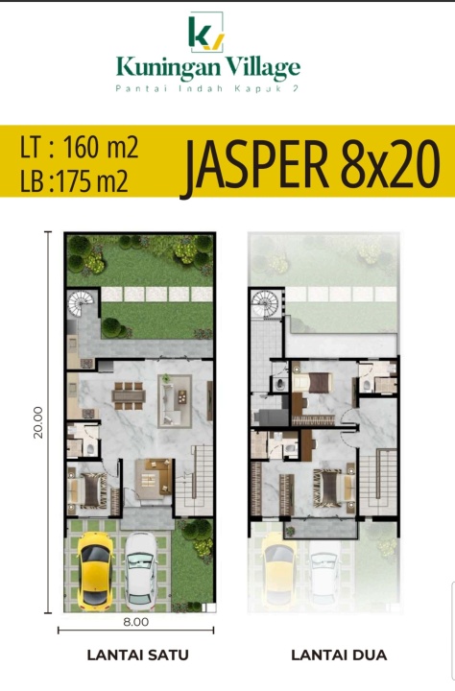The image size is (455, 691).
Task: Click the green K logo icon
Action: [x=205, y=32]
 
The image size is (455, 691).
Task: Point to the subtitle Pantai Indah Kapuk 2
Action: [x=207, y=88]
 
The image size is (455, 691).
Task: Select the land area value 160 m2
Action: [x=101, y=147]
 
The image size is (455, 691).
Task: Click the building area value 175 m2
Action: [x=92, y=180]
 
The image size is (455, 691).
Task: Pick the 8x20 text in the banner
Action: [x=390, y=164]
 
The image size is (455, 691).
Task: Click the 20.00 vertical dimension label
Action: [x=38, y=422]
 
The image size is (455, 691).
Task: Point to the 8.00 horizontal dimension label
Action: [x=135, y=622]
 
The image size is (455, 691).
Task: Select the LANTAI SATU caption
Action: [x=137, y=655]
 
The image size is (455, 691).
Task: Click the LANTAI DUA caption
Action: [x=339, y=655]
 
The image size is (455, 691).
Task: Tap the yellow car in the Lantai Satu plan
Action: [x=95, y=570]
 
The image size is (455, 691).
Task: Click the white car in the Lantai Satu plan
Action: [x=141, y=570]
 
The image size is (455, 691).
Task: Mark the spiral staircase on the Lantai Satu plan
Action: [x=81, y=302]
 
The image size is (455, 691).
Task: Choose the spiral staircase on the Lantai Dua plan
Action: [x=265, y=303]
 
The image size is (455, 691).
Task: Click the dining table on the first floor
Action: [x=129, y=395]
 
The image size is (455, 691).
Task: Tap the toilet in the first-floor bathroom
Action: [x=90, y=449]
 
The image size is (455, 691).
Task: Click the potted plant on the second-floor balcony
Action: [x=289, y=531]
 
